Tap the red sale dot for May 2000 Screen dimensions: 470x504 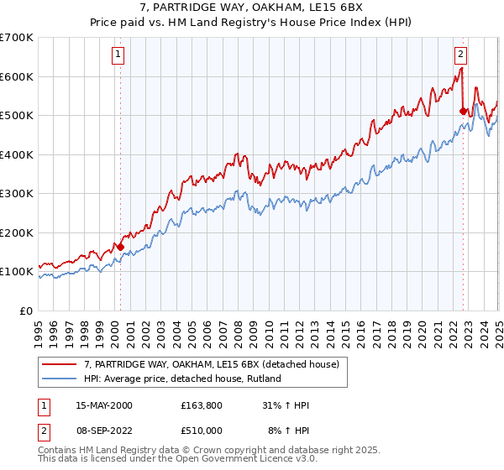[120, 248]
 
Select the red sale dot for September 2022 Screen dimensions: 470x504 [463, 110]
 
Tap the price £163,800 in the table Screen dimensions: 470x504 [200, 405]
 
